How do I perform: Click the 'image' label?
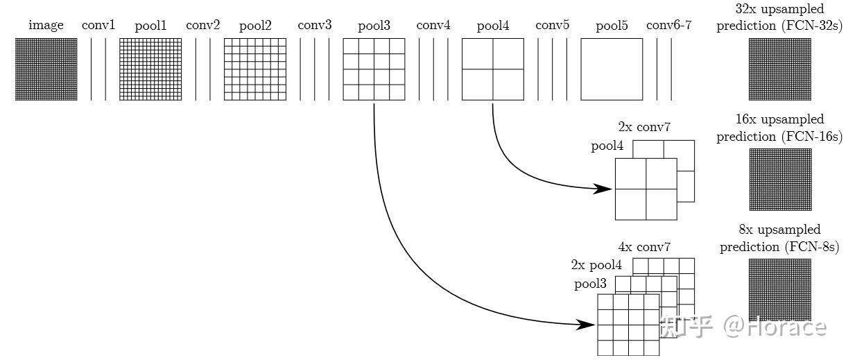pos(46,25)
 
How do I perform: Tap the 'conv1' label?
pos(98,25)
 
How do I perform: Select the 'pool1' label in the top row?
pos(150,26)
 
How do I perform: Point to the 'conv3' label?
pos(315,25)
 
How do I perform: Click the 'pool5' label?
pos(612,26)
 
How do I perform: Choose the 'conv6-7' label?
pos(669,25)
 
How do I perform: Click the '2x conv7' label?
pos(644,127)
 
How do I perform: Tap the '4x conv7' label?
pos(644,247)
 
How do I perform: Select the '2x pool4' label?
pos(596,265)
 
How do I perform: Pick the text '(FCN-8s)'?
pos(811,247)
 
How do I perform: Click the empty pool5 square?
pos(612,69)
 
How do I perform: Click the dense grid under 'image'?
pos(46,69)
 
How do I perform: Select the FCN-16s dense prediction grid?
pos(781,180)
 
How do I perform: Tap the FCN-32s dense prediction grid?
pos(780,69)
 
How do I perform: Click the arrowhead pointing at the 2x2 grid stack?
pos(603,189)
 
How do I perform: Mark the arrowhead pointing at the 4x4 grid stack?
pos(585,325)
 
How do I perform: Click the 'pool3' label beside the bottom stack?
pos(590,284)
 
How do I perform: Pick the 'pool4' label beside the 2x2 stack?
pos(607,146)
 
